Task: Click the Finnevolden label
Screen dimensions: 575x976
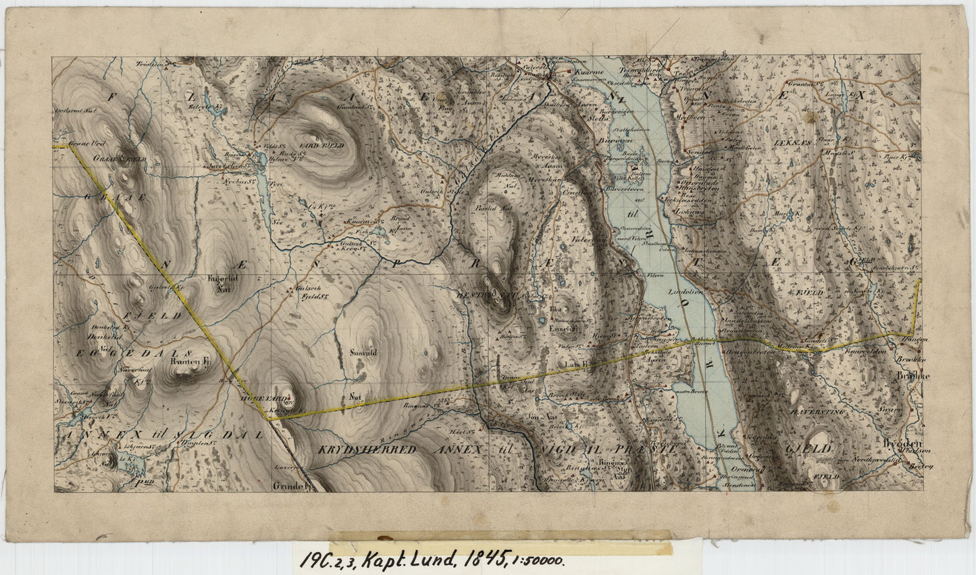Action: point(864,351)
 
